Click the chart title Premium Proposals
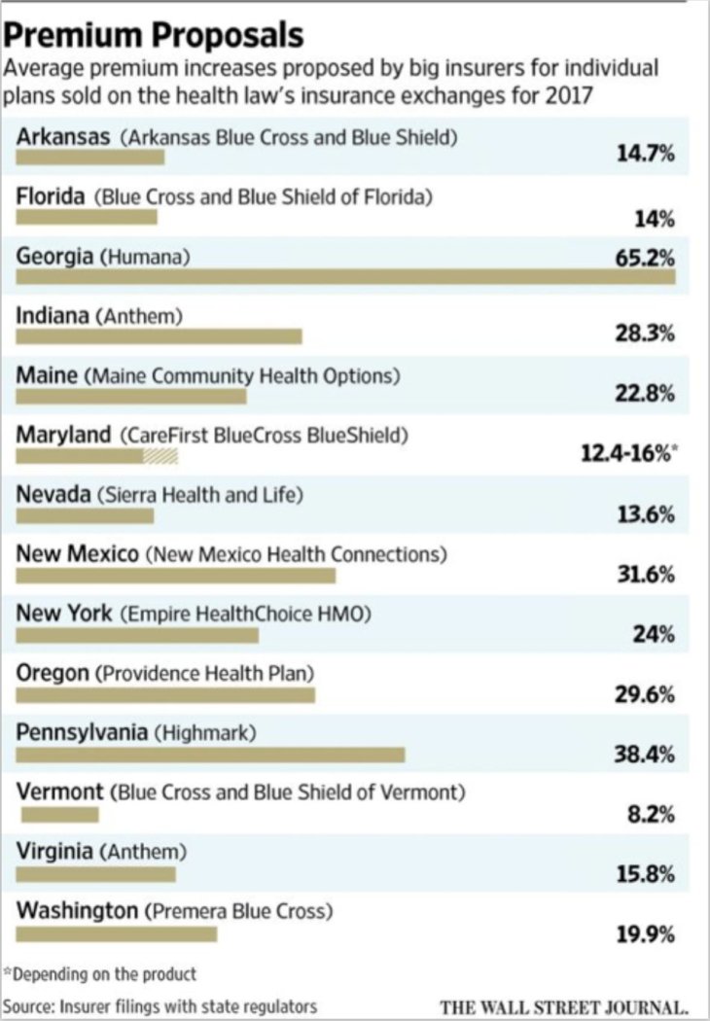[x=155, y=35]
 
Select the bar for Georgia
[x=345, y=277]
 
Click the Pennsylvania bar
[x=210, y=755]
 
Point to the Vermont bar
[x=57, y=814]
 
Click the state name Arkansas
[x=63, y=136]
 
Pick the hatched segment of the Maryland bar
[x=160, y=456]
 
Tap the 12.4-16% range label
[x=626, y=455]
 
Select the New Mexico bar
[x=176, y=576]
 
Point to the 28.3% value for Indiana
[x=645, y=335]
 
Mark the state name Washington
[x=77, y=911]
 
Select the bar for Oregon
[x=165, y=695]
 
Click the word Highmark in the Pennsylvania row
[x=205, y=732]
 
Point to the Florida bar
[x=86, y=217]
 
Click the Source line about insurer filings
[x=160, y=1005]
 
